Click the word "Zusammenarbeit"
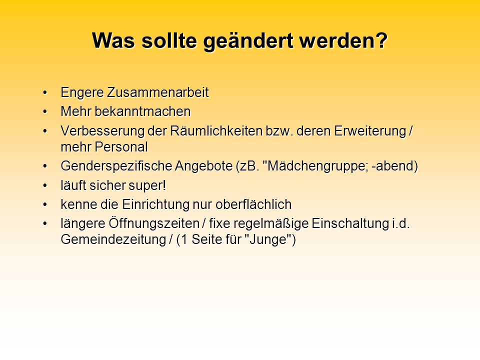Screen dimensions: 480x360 click(157, 92)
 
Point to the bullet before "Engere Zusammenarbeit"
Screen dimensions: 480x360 click(45, 92)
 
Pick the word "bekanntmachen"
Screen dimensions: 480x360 click(142, 111)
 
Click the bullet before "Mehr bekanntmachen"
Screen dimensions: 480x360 click(45, 111)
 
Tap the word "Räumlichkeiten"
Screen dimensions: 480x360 click(216, 131)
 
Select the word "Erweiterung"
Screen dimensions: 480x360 click(370, 130)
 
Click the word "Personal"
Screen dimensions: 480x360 click(121, 147)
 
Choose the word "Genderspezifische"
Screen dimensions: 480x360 click(116, 166)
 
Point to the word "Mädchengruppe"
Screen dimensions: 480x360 click(315, 166)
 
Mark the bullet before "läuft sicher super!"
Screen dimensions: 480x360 click(45, 185)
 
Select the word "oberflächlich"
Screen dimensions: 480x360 click(253, 204)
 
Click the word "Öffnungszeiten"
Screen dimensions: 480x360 click(154, 223)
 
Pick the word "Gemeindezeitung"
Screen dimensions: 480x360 click(113, 239)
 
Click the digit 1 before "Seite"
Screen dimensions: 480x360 click(184, 239)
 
